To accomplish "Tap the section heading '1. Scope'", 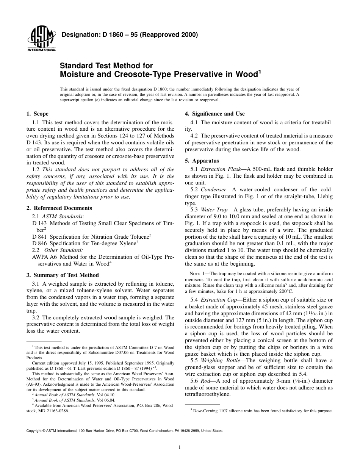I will (x=38, y=114).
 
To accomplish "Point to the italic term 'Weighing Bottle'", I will (x=220, y=360).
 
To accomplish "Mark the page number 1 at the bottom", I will (x=180, y=447).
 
